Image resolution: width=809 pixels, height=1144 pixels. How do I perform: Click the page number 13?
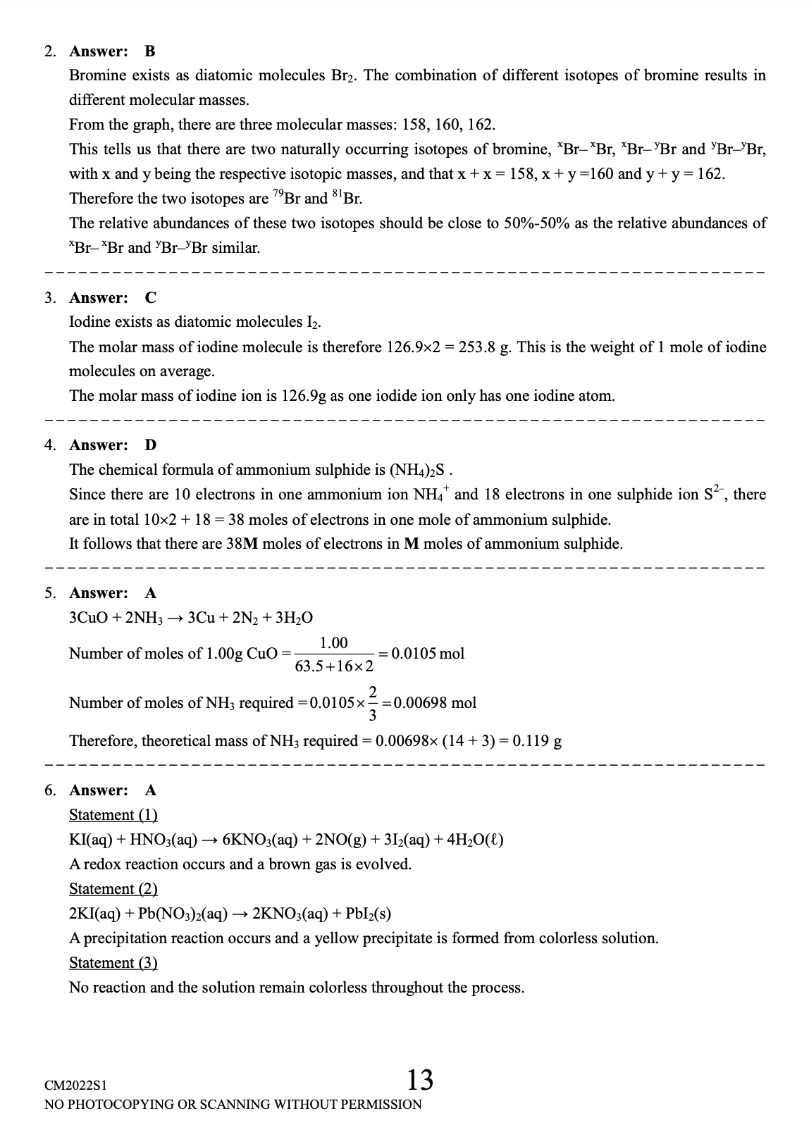pyautogui.click(x=419, y=1079)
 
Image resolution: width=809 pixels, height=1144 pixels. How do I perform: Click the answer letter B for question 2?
pyautogui.click(x=149, y=51)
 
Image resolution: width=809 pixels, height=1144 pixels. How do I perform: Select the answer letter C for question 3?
pyautogui.click(x=150, y=298)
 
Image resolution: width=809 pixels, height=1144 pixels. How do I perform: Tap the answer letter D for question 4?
pyautogui.click(x=150, y=445)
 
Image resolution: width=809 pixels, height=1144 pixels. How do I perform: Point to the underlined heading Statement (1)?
pyautogui.click(x=113, y=815)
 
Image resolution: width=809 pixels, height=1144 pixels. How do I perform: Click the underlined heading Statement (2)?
pyautogui.click(x=113, y=889)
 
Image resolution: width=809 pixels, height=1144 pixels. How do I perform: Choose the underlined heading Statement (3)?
pyautogui.click(x=113, y=963)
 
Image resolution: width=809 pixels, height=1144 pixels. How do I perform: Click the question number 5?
pyautogui.click(x=50, y=593)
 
